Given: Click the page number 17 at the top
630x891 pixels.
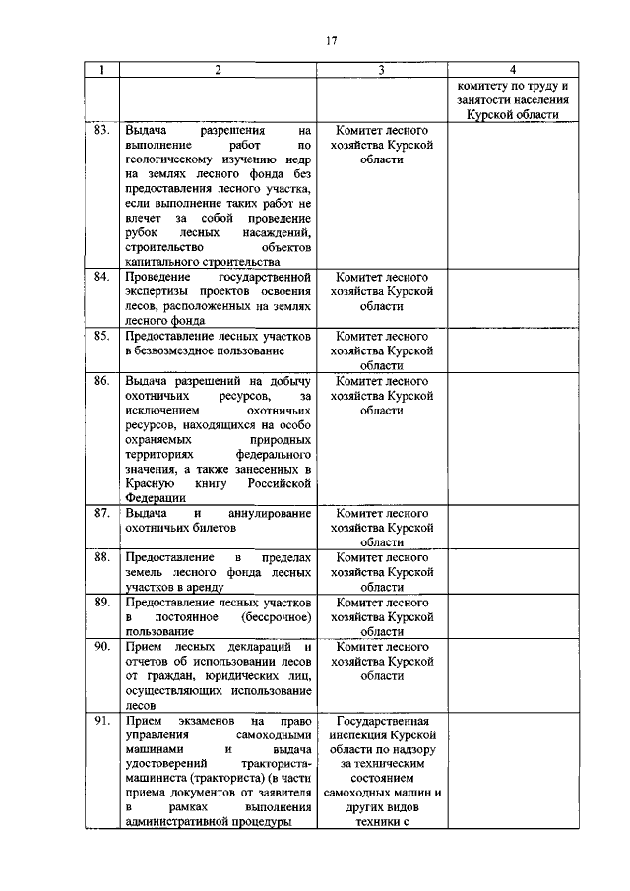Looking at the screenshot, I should (331, 40).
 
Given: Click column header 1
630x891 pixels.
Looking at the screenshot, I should (100, 71).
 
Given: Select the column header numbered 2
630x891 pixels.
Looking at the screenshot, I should (218, 71).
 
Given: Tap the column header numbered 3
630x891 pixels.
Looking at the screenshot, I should (381, 71).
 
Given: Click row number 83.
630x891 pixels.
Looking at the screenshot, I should (100, 130).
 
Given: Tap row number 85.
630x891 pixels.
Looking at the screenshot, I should (100, 336).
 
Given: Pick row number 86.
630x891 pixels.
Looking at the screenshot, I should (100, 380).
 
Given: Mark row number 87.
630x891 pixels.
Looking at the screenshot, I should (100, 513).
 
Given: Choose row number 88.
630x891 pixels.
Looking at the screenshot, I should (100, 557).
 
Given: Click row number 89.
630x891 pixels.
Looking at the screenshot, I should (100, 602).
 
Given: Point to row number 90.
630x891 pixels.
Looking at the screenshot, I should (100, 647).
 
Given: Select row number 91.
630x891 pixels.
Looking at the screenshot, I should (100, 721).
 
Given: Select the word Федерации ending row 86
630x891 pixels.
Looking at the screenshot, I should (150, 498).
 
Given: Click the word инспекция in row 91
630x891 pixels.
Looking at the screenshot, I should (359, 735).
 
